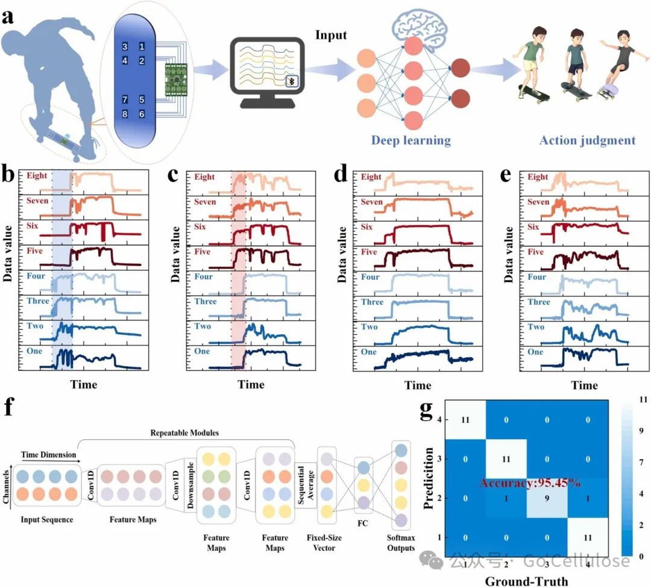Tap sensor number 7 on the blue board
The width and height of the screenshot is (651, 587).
point(125,99)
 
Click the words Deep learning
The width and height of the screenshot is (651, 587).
point(411,141)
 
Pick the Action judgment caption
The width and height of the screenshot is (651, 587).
point(587,141)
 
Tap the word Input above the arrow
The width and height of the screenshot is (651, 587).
point(331,35)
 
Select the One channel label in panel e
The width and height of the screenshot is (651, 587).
point(535,352)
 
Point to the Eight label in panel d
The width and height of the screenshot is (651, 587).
point(371,177)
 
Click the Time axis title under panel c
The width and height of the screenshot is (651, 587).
point(250,385)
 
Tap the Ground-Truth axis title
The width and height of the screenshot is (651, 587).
point(527,580)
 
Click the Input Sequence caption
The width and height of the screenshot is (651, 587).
point(47,519)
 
